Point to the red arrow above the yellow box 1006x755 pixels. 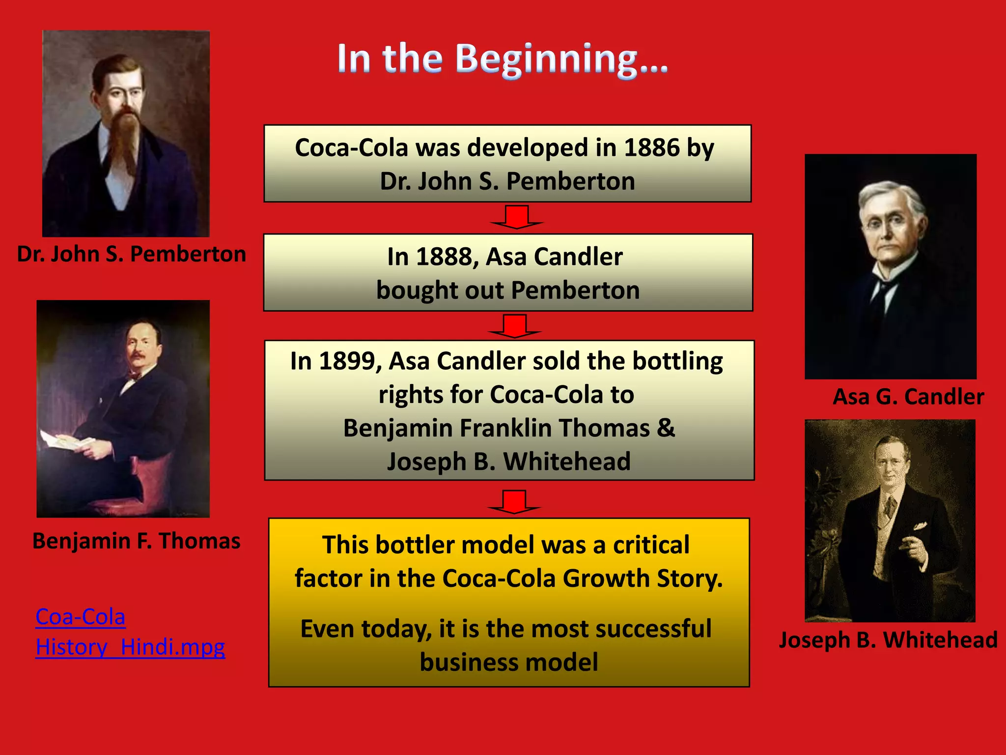(x=514, y=502)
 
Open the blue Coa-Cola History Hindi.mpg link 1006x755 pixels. (x=130, y=632)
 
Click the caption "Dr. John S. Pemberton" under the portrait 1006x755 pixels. (x=131, y=254)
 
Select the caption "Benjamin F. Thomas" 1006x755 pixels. (x=136, y=541)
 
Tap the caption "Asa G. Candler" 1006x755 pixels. (x=908, y=397)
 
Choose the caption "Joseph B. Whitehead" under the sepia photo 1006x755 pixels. (x=888, y=640)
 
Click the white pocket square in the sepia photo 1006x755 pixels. (x=920, y=526)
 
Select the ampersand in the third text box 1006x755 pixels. (x=666, y=428)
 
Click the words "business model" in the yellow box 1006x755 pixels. (x=509, y=662)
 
